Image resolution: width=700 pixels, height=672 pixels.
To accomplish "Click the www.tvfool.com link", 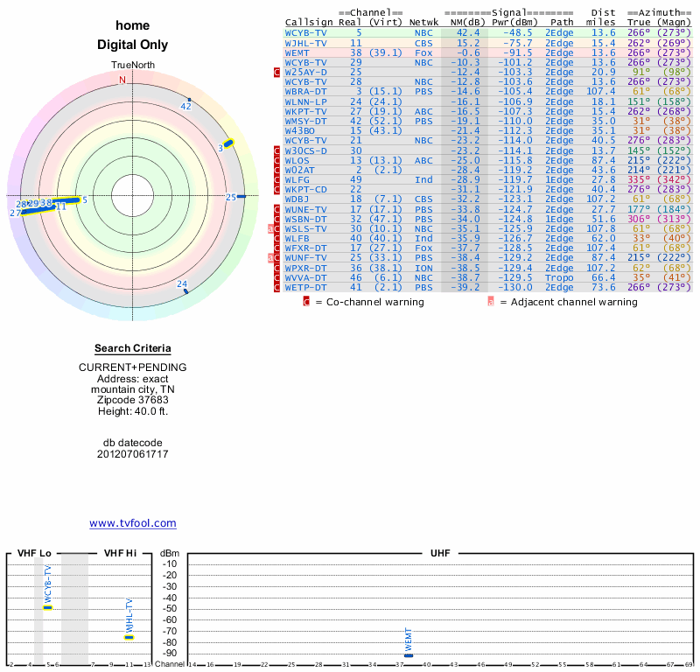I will (133, 523).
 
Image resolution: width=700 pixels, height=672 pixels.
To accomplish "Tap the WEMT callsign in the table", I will (296, 52).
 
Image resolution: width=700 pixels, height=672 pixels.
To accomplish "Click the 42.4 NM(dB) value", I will (467, 32).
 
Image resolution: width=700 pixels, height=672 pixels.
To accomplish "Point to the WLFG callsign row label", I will (298, 179).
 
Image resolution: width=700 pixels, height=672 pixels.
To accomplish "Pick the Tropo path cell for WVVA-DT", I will (559, 277).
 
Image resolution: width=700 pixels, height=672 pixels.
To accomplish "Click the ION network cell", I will (423, 268).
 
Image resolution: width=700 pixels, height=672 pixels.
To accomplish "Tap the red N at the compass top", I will (122, 80).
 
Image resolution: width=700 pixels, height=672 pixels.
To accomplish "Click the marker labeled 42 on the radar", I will (185, 106).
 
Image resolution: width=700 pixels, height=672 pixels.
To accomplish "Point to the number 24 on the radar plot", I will (182, 283).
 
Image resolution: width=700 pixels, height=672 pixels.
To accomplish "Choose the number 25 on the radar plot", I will (231, 197).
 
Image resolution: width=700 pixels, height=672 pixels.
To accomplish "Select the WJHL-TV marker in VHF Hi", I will (129, 637).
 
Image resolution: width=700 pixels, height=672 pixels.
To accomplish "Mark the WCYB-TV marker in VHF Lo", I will (48, 606).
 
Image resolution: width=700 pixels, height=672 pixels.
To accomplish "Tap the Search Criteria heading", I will (133, 348).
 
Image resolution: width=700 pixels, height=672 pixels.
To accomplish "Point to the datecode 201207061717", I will (133, 454).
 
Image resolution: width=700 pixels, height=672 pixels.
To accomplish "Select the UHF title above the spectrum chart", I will (440, 553).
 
